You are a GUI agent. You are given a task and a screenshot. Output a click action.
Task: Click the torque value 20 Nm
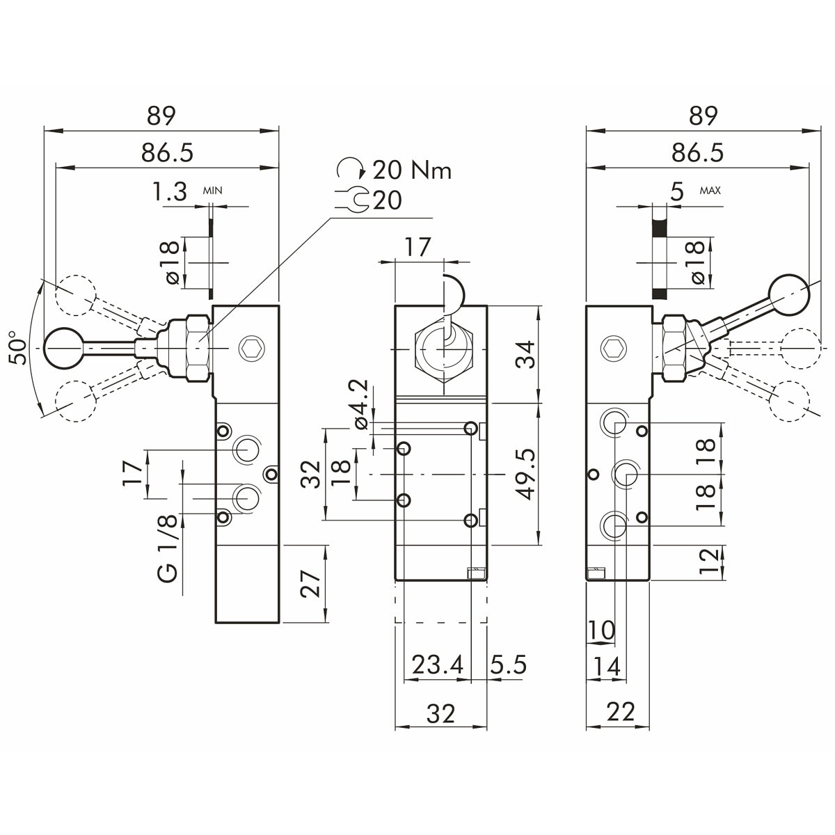coord(412,170)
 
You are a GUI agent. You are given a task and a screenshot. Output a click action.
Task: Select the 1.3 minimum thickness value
coord(170,191)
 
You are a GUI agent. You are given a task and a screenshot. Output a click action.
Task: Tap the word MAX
coord(710,190)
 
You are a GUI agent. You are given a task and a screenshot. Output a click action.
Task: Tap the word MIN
coord(212,189)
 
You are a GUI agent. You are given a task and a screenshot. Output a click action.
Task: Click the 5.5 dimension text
coord(508,665)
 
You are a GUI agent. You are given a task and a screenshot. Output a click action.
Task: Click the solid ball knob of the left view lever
coord(64,346)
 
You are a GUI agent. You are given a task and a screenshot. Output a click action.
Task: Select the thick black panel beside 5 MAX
coord(658,250)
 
